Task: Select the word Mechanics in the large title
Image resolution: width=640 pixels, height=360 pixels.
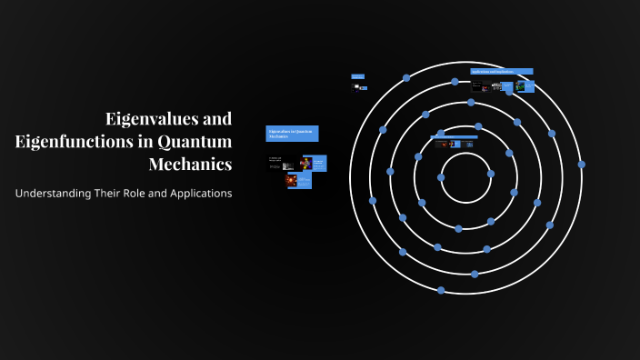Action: (190, 165)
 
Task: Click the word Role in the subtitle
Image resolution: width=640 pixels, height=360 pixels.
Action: (145, 194)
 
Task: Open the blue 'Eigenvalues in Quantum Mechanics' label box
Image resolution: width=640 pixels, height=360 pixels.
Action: (292, 134)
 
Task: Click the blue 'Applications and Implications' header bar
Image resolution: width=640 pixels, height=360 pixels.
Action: (501, 71)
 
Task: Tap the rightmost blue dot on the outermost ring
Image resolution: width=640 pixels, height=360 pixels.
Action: (581, 165)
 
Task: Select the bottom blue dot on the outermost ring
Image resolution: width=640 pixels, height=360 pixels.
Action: (441, 290)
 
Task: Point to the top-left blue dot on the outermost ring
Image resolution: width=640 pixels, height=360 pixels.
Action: (406, 78)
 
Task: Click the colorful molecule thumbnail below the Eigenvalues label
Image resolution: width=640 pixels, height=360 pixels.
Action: (305, 164)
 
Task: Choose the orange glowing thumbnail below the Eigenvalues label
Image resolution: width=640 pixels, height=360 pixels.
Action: (292, 181)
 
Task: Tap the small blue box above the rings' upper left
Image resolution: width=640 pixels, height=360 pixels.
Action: (357, 76)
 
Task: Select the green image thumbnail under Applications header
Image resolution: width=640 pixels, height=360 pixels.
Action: (521, 86)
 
